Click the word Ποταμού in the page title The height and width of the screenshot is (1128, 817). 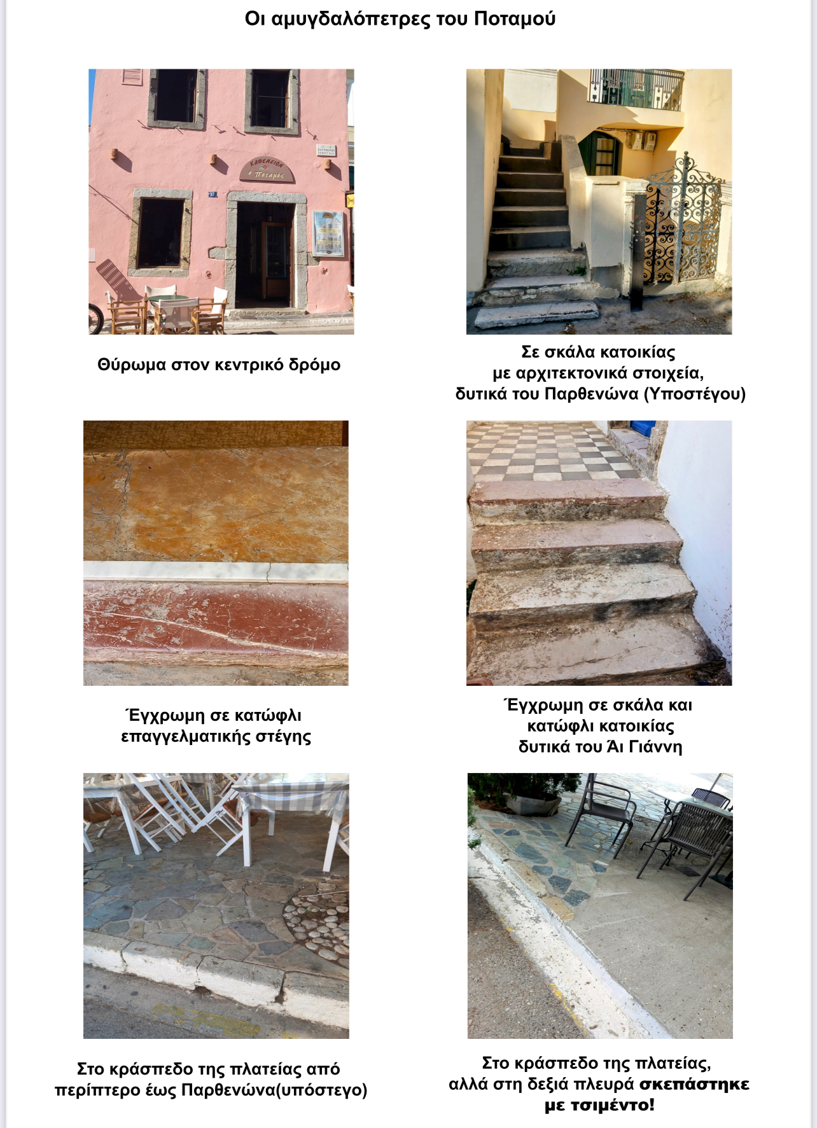pos(514,19)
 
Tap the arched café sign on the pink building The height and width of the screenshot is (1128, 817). pos(267,170)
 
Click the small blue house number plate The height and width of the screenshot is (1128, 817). pos(213,194)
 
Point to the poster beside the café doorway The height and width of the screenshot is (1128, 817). pos(328,233)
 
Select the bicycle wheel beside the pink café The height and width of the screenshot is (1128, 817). pos(95,319)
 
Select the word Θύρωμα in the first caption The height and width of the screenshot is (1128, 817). pos(132,365)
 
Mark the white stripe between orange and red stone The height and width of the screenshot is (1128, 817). pos(216,571)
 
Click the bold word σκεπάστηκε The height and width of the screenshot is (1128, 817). pos(694,1084)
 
